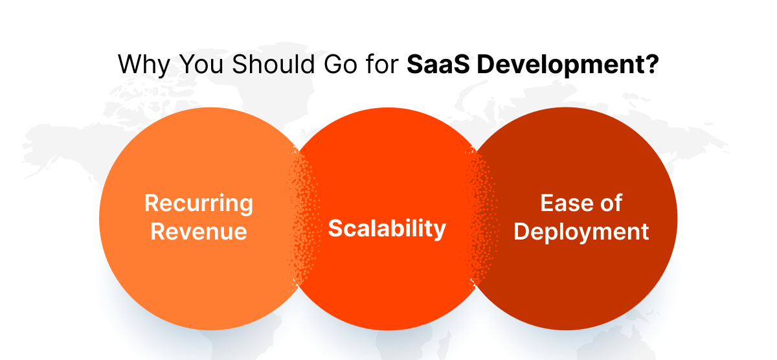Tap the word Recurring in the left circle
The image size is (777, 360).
tap(199, 203)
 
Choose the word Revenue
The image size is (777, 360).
tap(199, 231)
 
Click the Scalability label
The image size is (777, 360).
tap(387, 228)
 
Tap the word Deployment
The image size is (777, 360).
tap(581, 231)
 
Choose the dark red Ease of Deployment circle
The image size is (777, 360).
tap(583, 278)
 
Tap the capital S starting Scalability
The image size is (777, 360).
tap(335, 228)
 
